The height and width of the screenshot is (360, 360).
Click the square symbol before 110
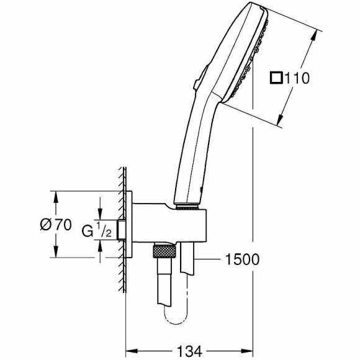pos(276,79)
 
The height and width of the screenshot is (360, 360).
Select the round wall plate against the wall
pos(129,227)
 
